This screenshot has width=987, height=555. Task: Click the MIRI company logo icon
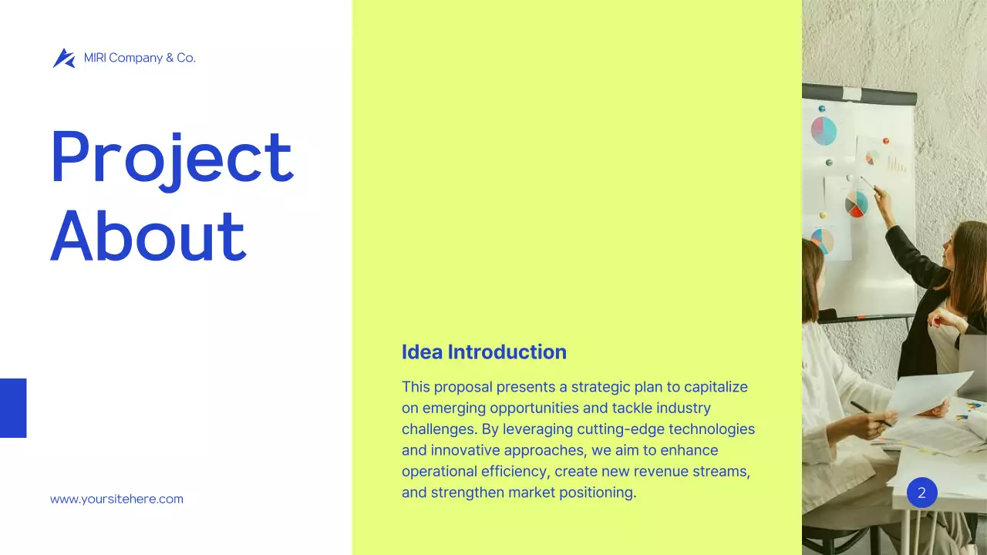click(x=63, y=58)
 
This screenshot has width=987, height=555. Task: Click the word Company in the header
click(x=135, y=58)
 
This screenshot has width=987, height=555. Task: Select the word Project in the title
click(x=171, y=158)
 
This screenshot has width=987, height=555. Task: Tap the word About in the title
click(x=148, y=235)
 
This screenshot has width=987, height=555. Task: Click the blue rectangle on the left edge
click(x=13, y=408)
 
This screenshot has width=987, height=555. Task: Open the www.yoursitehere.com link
click(x=116, y=499)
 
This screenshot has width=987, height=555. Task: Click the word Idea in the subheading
click(x=422, y=352)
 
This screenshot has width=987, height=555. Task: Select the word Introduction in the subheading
click(x=507, y=352)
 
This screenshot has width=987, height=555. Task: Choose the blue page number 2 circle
click(x=921, y=493)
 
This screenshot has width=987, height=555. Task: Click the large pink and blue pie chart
click(x=824, y=131)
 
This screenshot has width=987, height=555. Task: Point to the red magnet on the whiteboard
click(x=886, y=141)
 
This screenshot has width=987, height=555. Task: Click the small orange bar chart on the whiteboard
click(x=896, y=164)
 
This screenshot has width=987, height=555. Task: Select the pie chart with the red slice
click(x=856, y=205)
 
